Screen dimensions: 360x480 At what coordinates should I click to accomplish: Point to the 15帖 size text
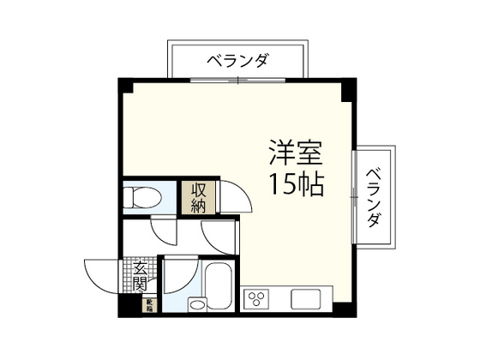click(x=296, y=184)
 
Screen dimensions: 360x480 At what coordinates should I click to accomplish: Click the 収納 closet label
click(x=198, y=197)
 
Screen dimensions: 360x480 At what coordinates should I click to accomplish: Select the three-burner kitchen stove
click(x=255, y=297)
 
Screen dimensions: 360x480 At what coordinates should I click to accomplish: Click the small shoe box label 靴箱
click(x=147, y=303)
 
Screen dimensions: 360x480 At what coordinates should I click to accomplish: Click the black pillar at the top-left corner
click(x=125, y=85)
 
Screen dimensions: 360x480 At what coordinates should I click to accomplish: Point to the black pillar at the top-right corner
click(x=349, y=85)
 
